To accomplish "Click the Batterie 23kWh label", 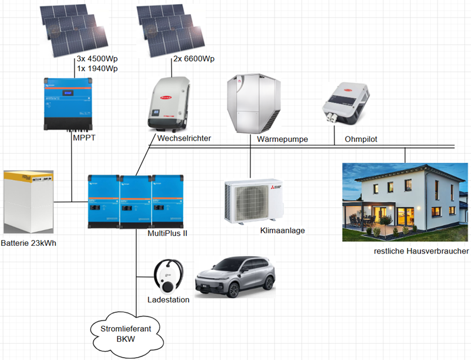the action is pyautogui.click(x=29, y=243).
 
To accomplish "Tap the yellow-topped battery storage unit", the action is pyautogui.click(x=29, y=202).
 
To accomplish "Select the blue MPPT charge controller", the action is pyautogui.click(x=68, y=104).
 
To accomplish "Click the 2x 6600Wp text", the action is pyautogui.click(x=193, y=59).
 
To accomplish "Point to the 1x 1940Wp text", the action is pyautogui.click(x=98, y=68).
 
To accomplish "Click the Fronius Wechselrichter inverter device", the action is pyautogui.click(x=169, y=104).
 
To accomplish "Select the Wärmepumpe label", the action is pyautogui.click(x=282, y=139).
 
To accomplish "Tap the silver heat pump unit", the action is pyautogui.click(x=254, y=104).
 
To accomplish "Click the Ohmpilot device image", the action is pyautogui.click(x=345, y=104).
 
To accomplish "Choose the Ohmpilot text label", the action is pyautogui.click(x=361, y=139).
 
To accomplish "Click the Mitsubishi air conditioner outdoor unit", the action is pyautogui.click(x=254, y=201).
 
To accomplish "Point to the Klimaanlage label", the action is pyautogui.click(x=282, y=231).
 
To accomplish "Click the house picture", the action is pyautogui.click(x=405, y=202).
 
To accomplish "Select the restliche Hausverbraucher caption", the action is pyautogui.click(x=421, y=251).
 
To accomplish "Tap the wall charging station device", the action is pyautogui.click(x=168, y=276).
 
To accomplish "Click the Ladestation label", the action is pyautogui.click(x=169, y=299).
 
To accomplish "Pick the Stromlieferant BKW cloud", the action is pyautogui.click(x=126, y=335).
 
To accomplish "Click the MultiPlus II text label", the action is pyautogui.click(x=168, y=233).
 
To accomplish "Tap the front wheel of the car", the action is pyautogui.click(x=233, y=289).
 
